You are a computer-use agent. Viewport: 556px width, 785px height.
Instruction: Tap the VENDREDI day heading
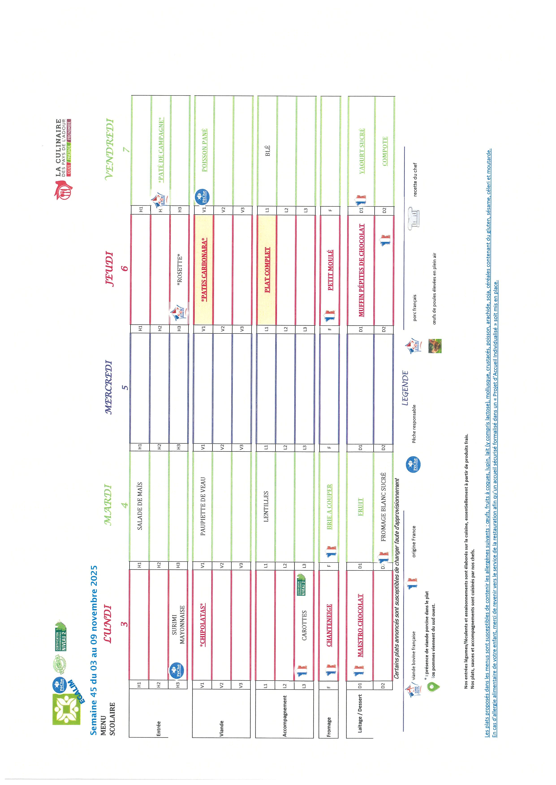pos(109,149)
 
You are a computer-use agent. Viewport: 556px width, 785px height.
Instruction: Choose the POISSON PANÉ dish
pos(204,150)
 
